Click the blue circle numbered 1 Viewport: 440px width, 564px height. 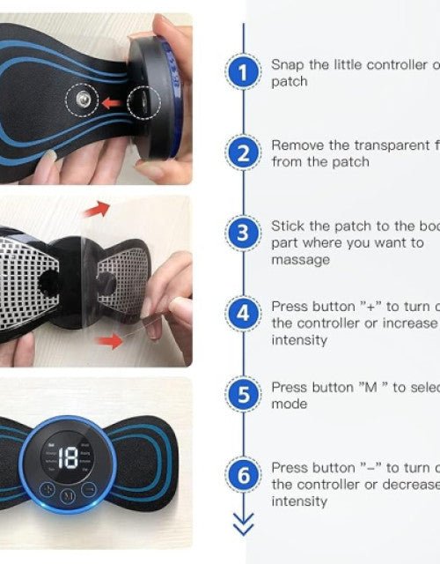point(243,72)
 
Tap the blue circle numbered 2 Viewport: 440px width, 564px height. point(243,153)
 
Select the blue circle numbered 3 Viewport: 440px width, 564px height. point(243,234)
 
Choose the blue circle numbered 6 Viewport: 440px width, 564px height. point(243,476)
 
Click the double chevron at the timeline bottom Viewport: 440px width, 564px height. point(243,527)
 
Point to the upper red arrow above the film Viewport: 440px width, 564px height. point(97,209)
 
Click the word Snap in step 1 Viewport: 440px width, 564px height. point(287,64)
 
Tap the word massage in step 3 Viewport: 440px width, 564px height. point(300,260)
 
